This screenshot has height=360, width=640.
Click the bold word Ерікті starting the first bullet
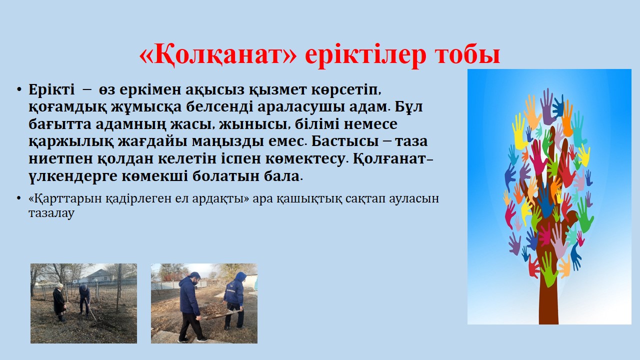point(51,89)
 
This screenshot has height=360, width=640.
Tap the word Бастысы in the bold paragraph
point(345,141)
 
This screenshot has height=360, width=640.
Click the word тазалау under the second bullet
point(51,213)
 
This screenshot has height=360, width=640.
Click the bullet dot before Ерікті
point(19,89)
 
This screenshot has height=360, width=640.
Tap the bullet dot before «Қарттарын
point(19,198)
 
